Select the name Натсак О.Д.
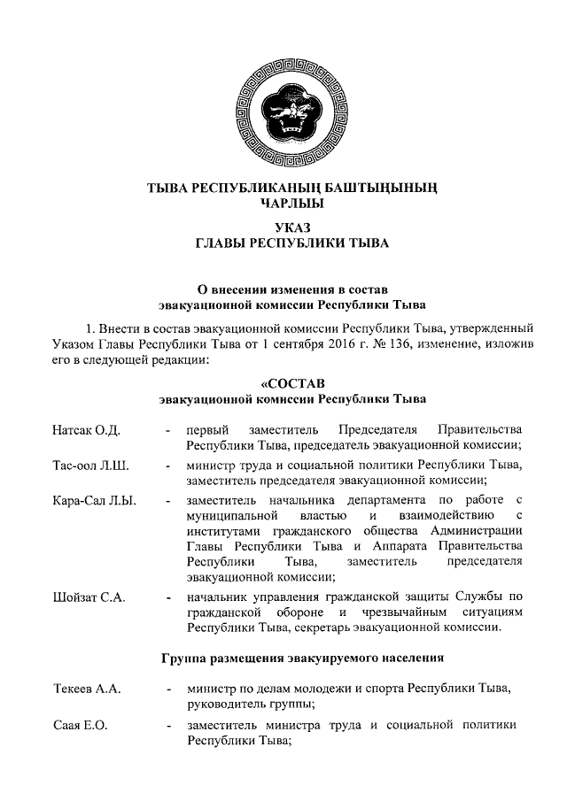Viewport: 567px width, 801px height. point(86,429)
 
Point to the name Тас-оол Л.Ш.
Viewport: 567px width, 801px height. point(90,466)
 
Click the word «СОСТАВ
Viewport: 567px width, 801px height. point(292,383)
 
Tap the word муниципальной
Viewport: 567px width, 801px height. point(229,517)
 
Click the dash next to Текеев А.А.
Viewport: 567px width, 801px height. point(168,689)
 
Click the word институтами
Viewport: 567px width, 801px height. point(225,533)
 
